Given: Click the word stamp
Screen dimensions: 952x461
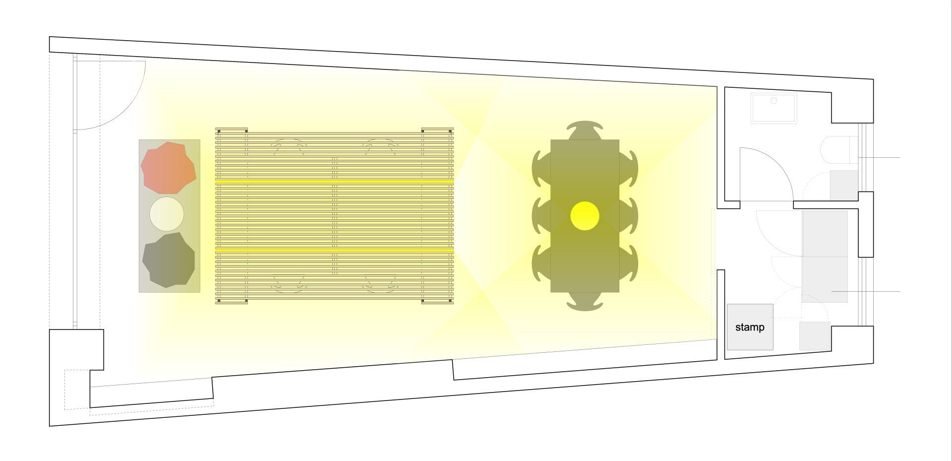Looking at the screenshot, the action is tap(749, 328).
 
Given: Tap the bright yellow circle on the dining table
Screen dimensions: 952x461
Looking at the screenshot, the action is tap(585, 216).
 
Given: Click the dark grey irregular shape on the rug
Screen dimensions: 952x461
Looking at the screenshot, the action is tap(169, 260).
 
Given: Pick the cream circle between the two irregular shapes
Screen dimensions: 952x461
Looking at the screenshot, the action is tap(167, 214).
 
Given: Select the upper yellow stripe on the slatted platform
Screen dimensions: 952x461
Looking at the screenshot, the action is tap(335, 182).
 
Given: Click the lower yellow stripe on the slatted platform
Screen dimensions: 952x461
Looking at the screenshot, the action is tap(335, 250).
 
